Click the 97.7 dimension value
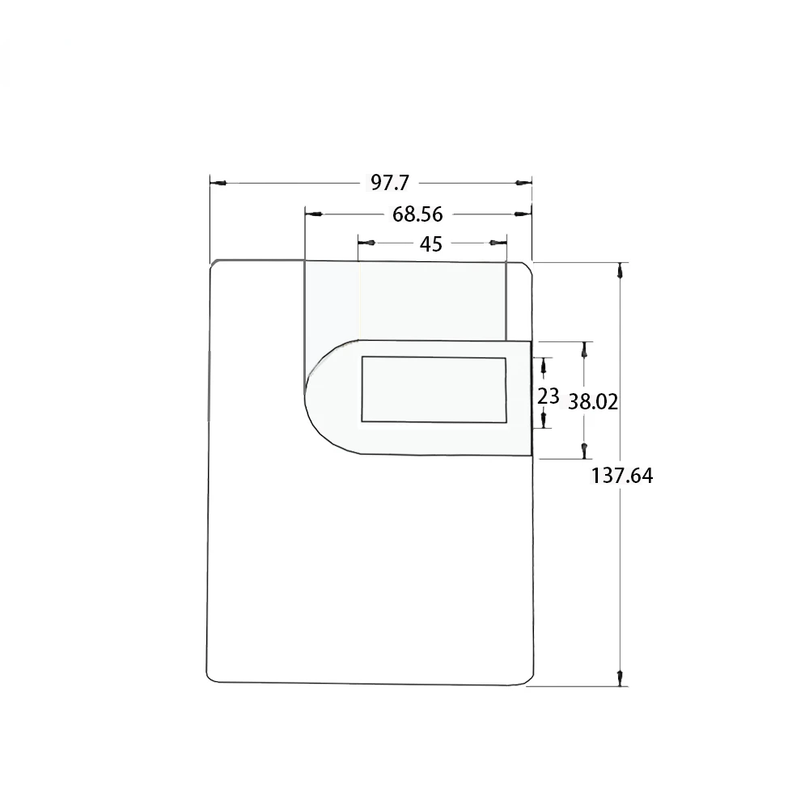pyautogui.click(x=390, y=183)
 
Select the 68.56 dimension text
pyautogui.click(x=417, y=214)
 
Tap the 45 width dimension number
pyautogui.click(x=431, y=244)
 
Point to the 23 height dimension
pyautogui.click(x=548, y=396)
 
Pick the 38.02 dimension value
pyautogui.click(x=593, y=402)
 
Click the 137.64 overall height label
pyautogui.click(x=621, y=476)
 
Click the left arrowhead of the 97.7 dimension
pyautogui.click(x=218, y=183)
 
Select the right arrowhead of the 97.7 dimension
pyautogui.click(x=523, y=183)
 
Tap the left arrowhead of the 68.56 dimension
pyautogui.click(x=314, y=214)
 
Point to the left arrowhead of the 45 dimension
pyautogui.click(x=366, y=243)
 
